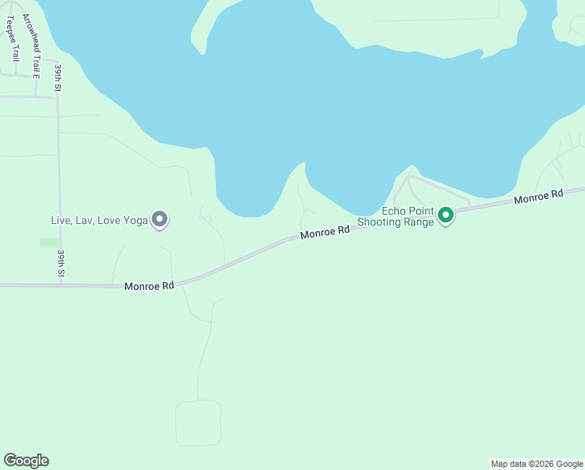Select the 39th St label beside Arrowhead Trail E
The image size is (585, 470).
click(x=58, y=78)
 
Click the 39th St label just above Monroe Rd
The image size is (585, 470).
click(x=61, y=264)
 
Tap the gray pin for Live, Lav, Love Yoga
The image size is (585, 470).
click(x=160, y=219)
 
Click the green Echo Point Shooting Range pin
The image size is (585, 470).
click(x=446, y=215)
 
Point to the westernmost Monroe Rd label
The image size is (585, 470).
click(x=149, y=287)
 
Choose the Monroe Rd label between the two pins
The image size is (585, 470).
click(x=325, y=233)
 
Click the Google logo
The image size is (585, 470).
click(x=26, y=461)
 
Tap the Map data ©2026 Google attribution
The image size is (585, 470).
click(x=537, y=464)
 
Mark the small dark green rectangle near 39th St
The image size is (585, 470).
click(x=49, y=243)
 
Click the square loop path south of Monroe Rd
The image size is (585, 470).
click(x=198, y=423)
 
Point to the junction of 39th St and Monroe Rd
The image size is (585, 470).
click(x=61, y=284)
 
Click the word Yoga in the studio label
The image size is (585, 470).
click(x=135, y=220)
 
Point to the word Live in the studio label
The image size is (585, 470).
click(x=60, y=220)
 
